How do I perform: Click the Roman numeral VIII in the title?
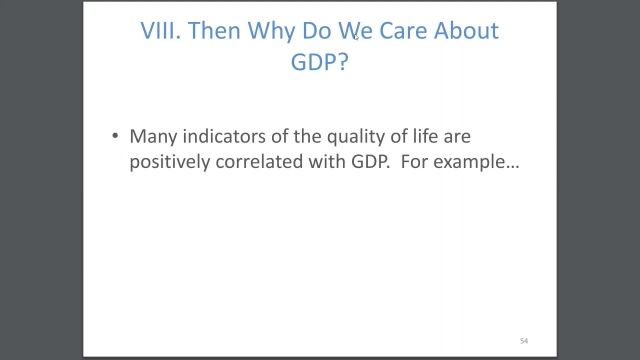160,31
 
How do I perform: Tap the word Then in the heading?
214,31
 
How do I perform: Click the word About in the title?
466,31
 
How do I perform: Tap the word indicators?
223,137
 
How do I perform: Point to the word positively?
169,162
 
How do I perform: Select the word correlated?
257,162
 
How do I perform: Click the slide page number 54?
523,341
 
